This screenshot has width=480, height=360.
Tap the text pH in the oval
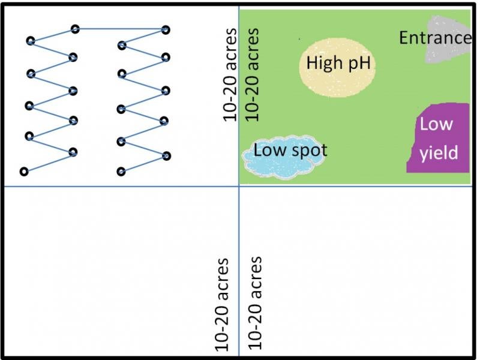coord(358,62)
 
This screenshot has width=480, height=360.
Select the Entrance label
coord(435,38)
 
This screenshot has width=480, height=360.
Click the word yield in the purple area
coord(439,153)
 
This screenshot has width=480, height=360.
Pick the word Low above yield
coord(436,125)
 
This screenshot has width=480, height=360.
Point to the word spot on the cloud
coord(307,150)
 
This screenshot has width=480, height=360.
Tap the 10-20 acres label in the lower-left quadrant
coord(222,304)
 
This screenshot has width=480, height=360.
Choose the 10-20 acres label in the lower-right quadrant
coord(255,303)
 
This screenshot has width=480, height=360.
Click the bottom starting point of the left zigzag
coord(23,172)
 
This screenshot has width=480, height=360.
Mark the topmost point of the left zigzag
coord(75,28)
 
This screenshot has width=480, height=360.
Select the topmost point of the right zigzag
coord(166,29)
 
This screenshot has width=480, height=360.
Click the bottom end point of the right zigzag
coord(121,172)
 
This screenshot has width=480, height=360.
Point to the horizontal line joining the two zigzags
coord(120,28)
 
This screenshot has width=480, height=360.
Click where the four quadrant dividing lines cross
coord(239,186)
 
